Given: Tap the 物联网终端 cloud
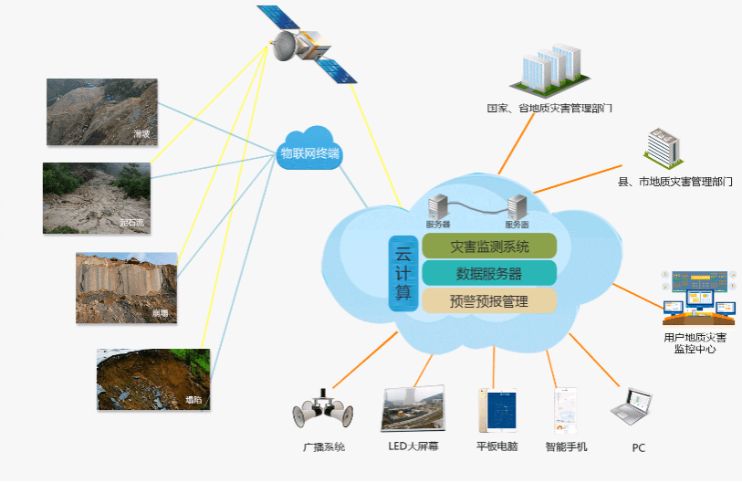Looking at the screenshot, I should coord(309,152).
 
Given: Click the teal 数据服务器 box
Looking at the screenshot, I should coord(489,273).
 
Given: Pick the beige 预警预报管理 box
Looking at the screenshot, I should coord(489,299).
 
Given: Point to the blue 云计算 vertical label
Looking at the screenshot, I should coord(402,273).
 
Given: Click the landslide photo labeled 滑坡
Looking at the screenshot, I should coord(101,112).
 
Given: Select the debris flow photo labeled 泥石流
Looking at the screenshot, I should coord(96,197).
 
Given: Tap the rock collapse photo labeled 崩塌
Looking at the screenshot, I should coord(126,288).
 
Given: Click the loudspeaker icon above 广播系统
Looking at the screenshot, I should coord(322,413).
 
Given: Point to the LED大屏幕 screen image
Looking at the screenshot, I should coord(414,408).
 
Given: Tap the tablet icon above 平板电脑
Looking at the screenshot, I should coord(496,410).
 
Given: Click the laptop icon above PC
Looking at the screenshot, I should coord(633,408).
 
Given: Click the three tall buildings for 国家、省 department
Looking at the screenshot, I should coord(551,68).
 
